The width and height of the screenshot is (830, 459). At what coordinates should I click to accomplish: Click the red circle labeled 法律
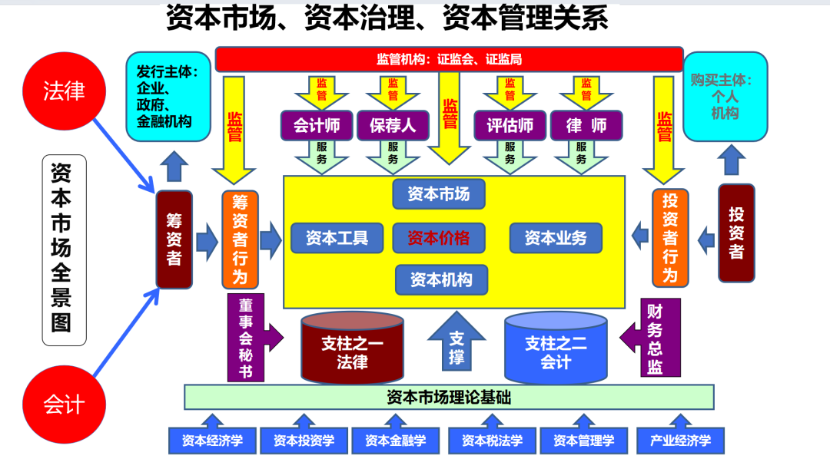(64, 91)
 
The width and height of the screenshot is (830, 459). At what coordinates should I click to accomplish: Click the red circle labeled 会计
(64, 403)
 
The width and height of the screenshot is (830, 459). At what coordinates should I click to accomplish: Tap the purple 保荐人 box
(393, 125)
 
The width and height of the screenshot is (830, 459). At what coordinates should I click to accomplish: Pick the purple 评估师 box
(510, 125)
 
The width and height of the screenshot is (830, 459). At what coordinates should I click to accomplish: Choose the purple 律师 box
(586, 125)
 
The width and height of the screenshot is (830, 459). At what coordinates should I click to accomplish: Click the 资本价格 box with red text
(439, 238)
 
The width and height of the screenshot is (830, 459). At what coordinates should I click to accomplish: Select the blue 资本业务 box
(556, 238)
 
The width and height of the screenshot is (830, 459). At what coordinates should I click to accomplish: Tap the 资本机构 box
(441, 279)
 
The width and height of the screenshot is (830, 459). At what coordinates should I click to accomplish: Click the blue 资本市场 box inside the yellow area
(439, 194)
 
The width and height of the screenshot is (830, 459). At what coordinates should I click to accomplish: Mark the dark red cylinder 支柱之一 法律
(352, 349)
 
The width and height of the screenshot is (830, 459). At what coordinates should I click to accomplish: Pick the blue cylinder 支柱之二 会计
(556, 349)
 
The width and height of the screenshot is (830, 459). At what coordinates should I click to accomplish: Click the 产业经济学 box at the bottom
(680, 441)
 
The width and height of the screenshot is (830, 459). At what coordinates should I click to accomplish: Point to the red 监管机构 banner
(449, 59)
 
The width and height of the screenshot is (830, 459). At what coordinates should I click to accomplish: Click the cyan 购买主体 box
(725, 96)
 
